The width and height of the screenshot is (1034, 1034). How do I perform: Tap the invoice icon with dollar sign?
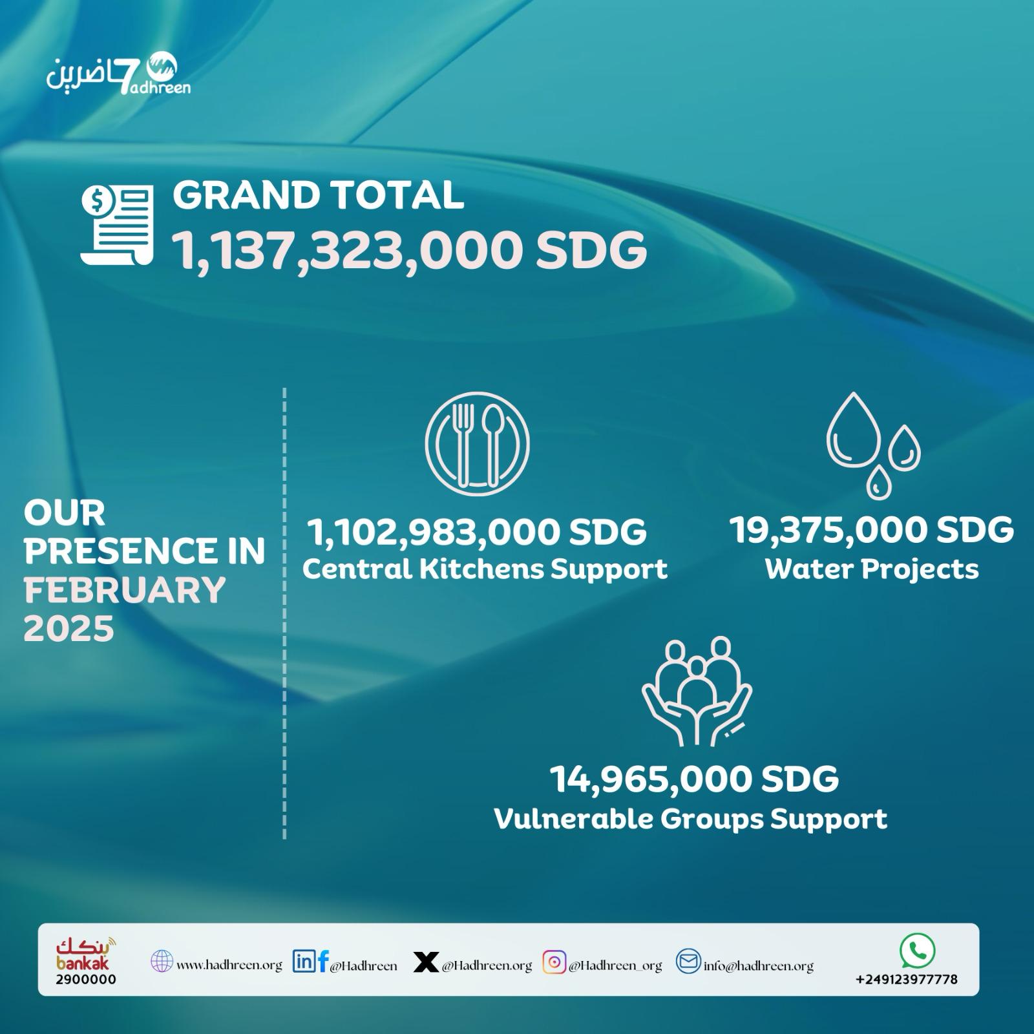click(117, 224)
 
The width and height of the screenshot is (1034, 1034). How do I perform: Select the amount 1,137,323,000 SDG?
click(409, 251)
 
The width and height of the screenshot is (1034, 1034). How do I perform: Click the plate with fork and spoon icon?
click(477, 443)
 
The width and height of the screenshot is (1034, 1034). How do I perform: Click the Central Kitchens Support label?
click(485, 569)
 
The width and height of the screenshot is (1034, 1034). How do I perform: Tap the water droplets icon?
click(873, 445)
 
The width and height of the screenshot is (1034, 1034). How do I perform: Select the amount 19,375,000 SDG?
click(872, 530)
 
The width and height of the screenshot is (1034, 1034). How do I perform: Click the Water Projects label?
click(872, 569)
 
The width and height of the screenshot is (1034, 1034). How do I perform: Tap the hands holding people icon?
click(697, 691)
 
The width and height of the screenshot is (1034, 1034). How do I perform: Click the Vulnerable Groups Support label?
click(690, 819)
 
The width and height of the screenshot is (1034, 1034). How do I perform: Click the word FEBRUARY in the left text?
click(125, 590)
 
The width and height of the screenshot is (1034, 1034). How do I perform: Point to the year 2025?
click(69, 628)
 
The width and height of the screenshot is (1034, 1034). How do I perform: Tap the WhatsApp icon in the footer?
click(917, 951)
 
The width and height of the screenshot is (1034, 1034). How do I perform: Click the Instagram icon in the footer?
click(554, 962)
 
